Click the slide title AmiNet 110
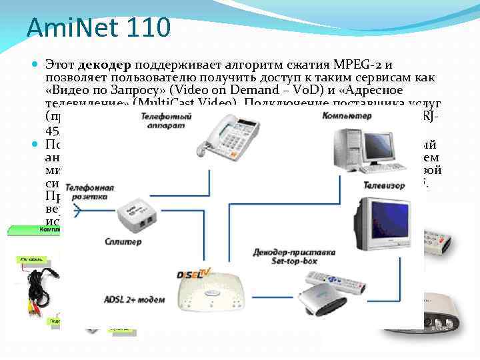[99, 27]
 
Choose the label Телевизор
[385, 183]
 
